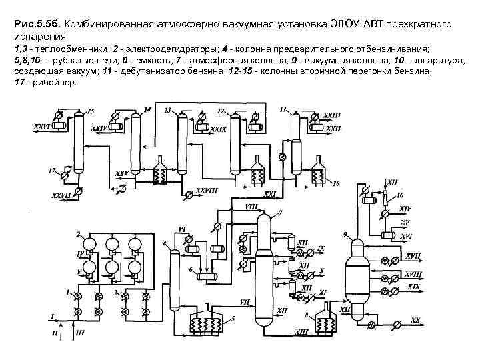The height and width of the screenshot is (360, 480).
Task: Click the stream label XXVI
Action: tap(42, 125)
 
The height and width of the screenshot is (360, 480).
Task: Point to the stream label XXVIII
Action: tap(208, 191)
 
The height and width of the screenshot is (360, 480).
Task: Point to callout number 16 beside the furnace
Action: tap(335, 183)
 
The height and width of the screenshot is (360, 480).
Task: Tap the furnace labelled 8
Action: tap(326, 325)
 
